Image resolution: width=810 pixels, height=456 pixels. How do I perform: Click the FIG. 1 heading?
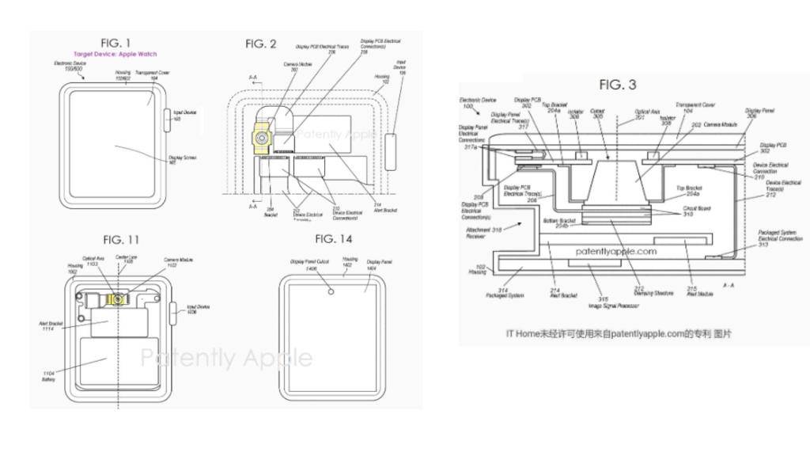tap(115, 43)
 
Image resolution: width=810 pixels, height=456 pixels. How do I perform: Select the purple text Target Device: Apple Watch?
tap(115, 54)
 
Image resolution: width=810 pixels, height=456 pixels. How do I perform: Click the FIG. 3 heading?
tap(618, 85)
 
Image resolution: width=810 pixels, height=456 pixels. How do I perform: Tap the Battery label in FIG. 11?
tap(49, 376)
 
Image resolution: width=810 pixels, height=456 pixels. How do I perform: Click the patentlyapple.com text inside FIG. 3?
tap(615, 251)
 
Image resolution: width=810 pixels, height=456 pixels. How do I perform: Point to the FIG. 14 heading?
tap(333, 238)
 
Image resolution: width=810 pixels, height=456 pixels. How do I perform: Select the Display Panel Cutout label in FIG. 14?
tap(305, 264)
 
